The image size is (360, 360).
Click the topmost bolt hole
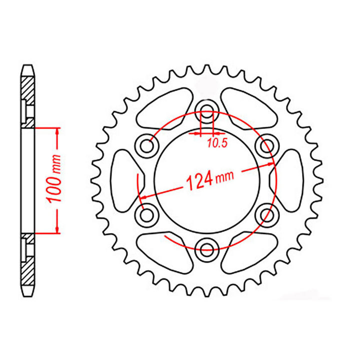click(x=206, y=110)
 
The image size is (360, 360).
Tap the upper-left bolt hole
click(x=146, y=146)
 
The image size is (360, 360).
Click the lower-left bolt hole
click(x=146, y=215)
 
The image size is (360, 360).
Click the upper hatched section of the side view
click(x=28, y=95)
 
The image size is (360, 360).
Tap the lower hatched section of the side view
click(x=28, y=265)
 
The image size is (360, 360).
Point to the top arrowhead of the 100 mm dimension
click(x=57, y=131)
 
